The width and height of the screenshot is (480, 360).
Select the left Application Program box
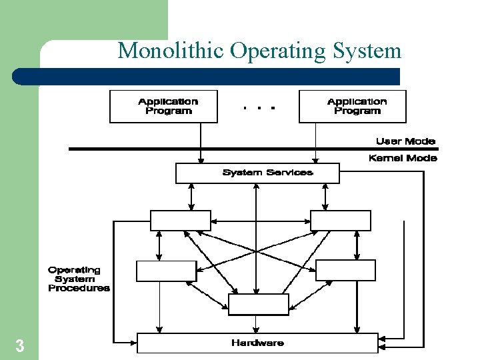[163, 107]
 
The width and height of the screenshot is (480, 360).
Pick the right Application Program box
[352, 107]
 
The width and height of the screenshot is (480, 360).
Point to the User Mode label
[405, 141]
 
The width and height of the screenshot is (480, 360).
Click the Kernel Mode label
[403, 158]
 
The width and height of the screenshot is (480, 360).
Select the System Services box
[257, 173]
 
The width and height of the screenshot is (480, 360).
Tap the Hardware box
[257, 343]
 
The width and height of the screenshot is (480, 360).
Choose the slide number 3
[20, 346]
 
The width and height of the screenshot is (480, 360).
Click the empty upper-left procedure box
[180, 221]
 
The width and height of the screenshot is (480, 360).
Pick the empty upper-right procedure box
[341, 221]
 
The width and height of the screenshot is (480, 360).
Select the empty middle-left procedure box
[166, 271]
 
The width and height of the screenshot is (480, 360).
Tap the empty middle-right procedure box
[345, 270]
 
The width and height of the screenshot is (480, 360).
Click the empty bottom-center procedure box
[258, 305]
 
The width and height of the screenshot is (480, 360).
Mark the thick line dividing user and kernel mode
[220, 149]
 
